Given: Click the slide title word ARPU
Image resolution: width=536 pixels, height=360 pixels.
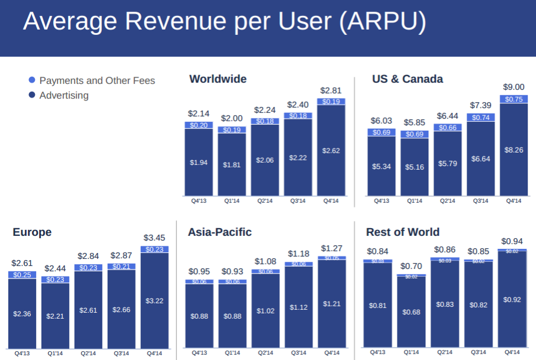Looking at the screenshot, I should (x=382, y=22).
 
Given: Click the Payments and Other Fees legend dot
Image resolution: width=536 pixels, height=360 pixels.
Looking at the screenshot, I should (x=32, y=80).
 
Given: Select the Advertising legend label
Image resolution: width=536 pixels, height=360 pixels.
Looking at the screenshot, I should (x=64, y=96).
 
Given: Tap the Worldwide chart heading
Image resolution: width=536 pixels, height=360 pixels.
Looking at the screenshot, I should (x=218, y=79).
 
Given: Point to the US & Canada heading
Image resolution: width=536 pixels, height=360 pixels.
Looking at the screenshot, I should (x=407, y=79).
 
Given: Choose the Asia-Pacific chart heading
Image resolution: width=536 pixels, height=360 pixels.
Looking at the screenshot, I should (x=219, y=232).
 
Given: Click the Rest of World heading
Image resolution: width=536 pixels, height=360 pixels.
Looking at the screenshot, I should (x=403, y=232).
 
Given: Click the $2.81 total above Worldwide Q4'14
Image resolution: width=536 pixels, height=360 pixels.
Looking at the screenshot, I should (x=331, y=90).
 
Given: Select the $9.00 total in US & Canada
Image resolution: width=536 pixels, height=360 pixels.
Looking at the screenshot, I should (x=514, y=87).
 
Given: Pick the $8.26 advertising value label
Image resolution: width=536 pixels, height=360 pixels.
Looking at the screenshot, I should (x=514, y=150).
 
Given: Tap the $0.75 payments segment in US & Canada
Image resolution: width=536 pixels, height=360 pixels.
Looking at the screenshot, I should (x=514, y=99).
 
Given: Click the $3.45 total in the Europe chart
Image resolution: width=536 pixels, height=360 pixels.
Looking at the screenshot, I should (x=154, y=238).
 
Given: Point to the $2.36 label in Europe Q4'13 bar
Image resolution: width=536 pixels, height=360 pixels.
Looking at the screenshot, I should (x=22, y=314).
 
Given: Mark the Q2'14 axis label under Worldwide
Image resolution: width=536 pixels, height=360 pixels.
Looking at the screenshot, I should (x=265, y=201).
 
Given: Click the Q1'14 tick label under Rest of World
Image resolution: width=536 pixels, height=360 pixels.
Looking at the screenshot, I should (x=411, y=352).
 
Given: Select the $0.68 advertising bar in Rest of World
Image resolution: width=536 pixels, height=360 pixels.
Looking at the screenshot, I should (x=411, y=312).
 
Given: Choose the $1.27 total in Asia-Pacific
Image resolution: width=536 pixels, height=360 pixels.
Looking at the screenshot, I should (x=331, y=248).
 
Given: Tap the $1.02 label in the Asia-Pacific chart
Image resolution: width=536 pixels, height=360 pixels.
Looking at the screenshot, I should (x=265, y=310).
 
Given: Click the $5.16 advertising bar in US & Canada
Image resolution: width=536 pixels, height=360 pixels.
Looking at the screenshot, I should (x=414, y=167).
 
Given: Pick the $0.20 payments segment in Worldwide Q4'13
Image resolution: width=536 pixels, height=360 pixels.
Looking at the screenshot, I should (x=199, y=125).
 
